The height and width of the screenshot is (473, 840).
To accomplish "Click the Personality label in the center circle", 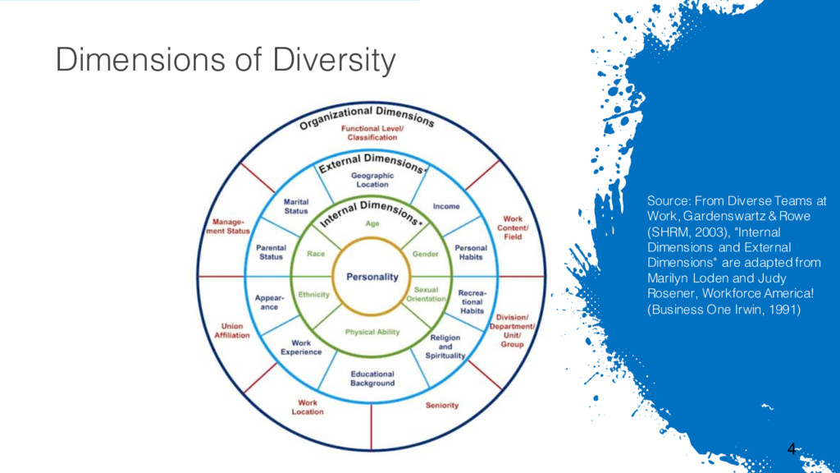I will pos(372,277).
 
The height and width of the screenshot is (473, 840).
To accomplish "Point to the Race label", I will pos(316,254).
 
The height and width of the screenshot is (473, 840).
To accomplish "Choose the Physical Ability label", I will pos(372,332).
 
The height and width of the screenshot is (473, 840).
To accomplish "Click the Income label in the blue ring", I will pos(446,206).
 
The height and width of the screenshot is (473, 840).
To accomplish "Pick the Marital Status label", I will pos(296,205).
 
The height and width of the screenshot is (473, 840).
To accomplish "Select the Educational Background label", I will pos(372,379).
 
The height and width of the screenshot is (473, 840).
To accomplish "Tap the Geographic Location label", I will pos(372,180).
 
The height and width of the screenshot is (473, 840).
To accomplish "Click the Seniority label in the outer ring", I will pos(442,405).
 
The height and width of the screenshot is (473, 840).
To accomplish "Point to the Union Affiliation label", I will pos(232,330).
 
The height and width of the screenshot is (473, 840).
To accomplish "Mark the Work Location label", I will pos(308,406).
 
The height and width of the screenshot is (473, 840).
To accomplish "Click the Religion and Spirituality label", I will pos(445,347).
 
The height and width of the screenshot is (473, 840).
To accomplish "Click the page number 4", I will pos(791,448).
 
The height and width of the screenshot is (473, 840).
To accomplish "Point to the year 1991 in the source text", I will pos(783,310).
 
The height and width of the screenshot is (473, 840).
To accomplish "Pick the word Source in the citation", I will pos(667,200).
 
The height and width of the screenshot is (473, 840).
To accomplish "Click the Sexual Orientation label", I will pos(427,294).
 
